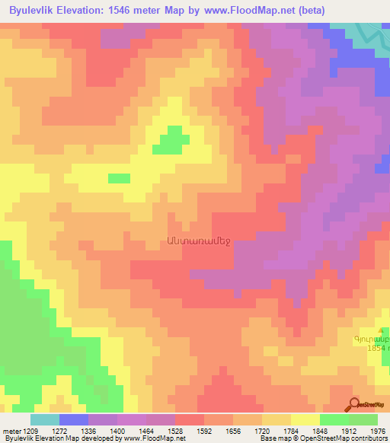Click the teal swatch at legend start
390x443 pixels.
pyautogui.click(x=45, y=419)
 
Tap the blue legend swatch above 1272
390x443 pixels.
pyautogui.click(x=74, y=419)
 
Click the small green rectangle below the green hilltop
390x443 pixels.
pyautogui.click(x=119, y=178)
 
